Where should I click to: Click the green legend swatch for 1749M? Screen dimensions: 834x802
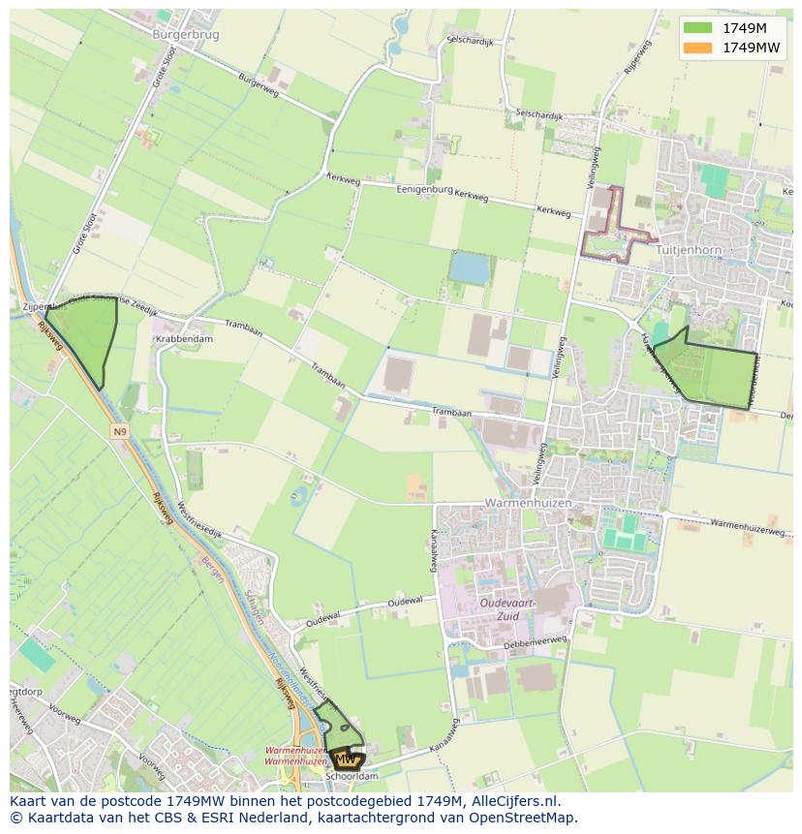pyautogui.click(x=697, y=28)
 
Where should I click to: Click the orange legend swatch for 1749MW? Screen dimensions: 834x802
pyautogui.click(x=697, y=47)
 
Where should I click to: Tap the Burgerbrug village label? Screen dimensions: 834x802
pyautogui.click(x=186, y=34)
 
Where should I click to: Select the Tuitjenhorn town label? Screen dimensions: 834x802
pyautogui.click(x=689, y=250)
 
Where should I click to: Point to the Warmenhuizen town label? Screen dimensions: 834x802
pyautogui.click(x=528, y=505)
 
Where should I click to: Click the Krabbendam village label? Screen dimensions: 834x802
pyautogui.click(x=183, y=340)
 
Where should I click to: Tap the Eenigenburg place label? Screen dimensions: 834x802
pyautogui.click(x=424, y=190)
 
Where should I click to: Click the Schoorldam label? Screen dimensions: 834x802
pyautogui.click(x=352, y=776)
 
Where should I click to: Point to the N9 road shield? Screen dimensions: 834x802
pyautogui.click(x=119, y=431)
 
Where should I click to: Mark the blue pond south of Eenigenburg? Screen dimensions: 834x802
pyautogui.click(x=470, y=267)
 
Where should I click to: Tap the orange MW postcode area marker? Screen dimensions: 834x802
pyautogui.click(x=346, y=758)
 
